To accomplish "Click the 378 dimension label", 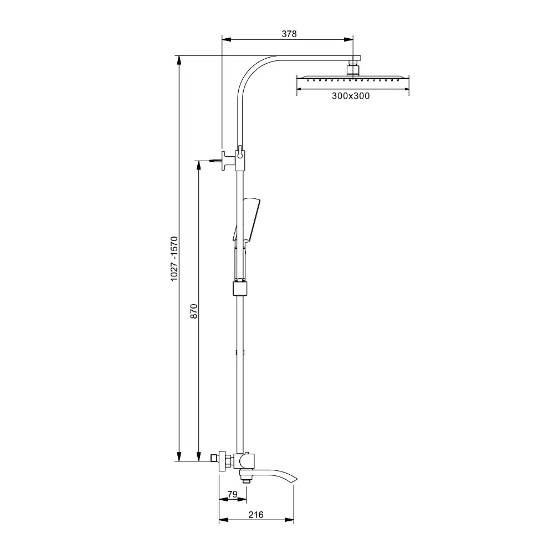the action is (x=289, y=34).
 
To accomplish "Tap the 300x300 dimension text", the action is (x=351, y=96).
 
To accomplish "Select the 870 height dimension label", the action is (x=194, y=311).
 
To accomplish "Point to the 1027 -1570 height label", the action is (x=174, y=259).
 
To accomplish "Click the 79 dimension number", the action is (x=233, y=494).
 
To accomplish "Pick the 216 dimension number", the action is (x=256, y=515).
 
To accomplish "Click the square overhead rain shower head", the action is (x=352, y=78).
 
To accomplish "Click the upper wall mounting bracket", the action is (x=229, y=161).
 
